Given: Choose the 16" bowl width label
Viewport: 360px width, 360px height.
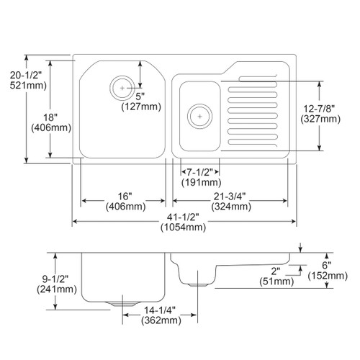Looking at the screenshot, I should pos(124,196).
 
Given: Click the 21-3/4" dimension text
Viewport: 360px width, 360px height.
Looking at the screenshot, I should pos(230,196).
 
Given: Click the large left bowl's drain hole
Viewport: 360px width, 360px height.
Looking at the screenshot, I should pos(122,88).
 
